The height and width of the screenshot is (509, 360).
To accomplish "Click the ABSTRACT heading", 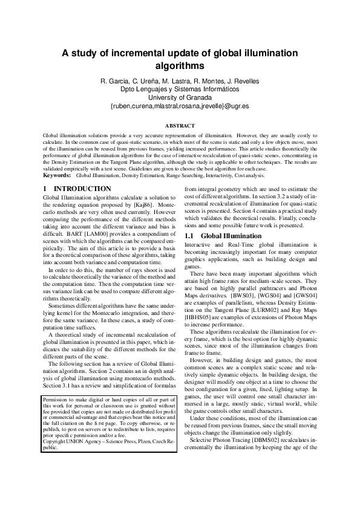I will (180, 125).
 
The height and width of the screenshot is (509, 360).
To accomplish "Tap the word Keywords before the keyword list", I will (57, 175).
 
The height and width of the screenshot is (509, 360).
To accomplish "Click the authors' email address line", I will (180, 106).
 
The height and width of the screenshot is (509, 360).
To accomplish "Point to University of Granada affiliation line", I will (180, 97).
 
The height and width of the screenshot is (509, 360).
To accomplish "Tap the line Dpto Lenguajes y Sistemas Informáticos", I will (180, 89).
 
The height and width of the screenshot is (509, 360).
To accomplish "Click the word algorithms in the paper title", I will (180, 65).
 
